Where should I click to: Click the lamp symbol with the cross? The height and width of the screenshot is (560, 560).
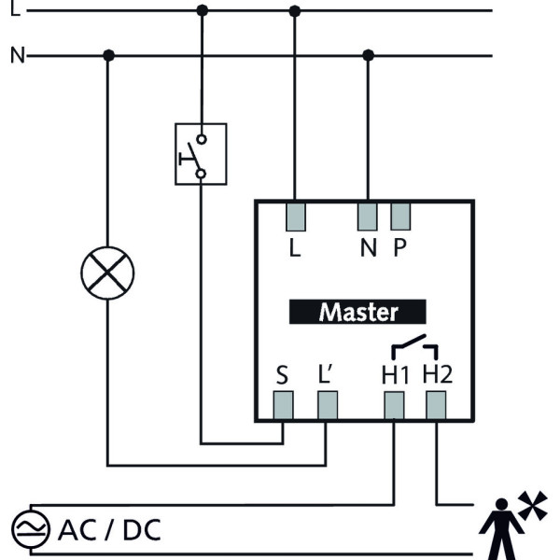(107, 273)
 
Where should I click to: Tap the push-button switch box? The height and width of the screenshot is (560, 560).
(201, 154)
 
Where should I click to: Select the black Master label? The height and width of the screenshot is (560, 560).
(357, 312)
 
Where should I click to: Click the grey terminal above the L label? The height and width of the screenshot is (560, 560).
(296, 217)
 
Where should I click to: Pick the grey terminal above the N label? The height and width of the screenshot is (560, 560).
(368, 217)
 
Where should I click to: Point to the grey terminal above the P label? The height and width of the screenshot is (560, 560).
(400, 217)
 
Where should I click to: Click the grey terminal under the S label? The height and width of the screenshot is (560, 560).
(282, 405)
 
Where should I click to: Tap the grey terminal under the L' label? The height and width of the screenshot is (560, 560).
(327, 405)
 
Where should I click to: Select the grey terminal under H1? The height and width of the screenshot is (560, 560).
(394, 405)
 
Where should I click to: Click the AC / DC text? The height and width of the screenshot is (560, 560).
(109, 530)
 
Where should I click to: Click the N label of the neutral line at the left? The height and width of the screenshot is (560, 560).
(16, 56)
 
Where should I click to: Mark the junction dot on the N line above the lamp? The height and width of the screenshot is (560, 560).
(108, 56)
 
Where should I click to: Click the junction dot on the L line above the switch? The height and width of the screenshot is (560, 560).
(202, 10)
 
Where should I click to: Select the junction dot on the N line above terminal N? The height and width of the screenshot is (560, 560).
(368, 56)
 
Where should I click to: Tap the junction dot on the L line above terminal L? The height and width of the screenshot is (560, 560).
(295, 10)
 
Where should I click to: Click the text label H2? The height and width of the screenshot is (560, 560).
(437, 375)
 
